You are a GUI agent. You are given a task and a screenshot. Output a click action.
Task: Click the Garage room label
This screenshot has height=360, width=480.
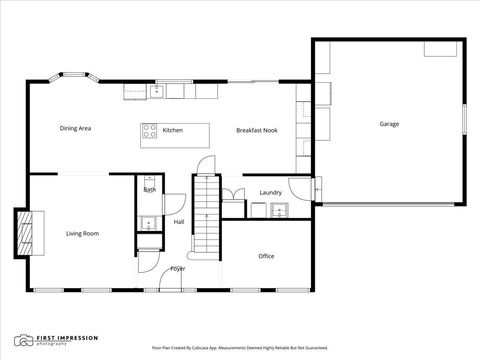click(389, 124)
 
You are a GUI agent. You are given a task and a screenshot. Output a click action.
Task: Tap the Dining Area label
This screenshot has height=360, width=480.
click(76, 128)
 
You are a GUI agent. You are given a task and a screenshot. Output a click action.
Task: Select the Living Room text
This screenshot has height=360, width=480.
click(82, 233)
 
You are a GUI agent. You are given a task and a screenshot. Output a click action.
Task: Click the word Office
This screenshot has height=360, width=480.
click(266, 256)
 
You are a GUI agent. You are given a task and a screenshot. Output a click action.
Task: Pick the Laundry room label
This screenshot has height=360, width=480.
click(270, 192)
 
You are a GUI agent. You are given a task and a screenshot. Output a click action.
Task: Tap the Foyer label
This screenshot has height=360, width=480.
click(177, 268)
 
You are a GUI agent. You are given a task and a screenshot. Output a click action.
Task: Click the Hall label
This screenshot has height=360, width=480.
click(179, 222)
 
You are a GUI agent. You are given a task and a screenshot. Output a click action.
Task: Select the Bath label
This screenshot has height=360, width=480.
click(149, 189)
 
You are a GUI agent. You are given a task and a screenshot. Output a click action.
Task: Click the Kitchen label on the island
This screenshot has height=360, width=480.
click(173, 130)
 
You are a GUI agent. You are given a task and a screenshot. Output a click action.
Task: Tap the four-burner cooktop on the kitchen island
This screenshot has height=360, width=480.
click(149, 130)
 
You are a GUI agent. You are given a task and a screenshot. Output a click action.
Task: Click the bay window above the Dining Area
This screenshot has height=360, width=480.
click(75, 77)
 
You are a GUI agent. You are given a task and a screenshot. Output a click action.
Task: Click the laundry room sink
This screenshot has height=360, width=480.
click(279, 209)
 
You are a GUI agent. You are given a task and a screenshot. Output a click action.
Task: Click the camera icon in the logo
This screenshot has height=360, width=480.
click(21, 340)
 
